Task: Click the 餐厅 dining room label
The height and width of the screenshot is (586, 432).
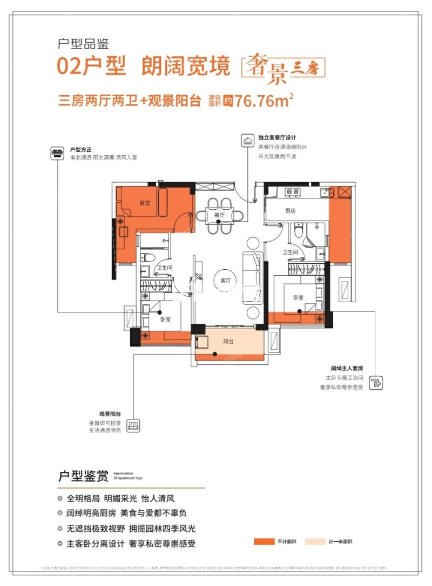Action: coord(219,215)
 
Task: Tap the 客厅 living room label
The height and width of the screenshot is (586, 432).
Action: coord(226,281)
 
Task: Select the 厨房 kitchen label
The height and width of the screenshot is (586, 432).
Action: coord(290,211)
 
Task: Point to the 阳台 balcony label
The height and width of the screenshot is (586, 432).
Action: coord(229,342)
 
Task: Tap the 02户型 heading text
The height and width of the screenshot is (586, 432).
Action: coord(91,66)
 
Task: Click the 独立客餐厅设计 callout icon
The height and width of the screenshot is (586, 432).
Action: coord(247,141)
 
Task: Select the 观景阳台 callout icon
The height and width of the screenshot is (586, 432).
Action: coord(133,424)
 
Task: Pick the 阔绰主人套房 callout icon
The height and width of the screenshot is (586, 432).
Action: coord(376,383)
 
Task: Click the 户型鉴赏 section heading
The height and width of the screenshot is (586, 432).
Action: coord(84,476)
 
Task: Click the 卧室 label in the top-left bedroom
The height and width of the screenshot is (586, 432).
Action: coord(145,203)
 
